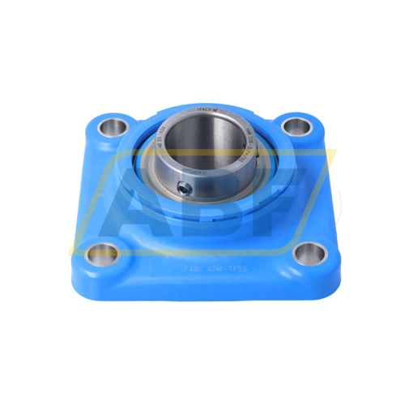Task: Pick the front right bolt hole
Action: [308, 254]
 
